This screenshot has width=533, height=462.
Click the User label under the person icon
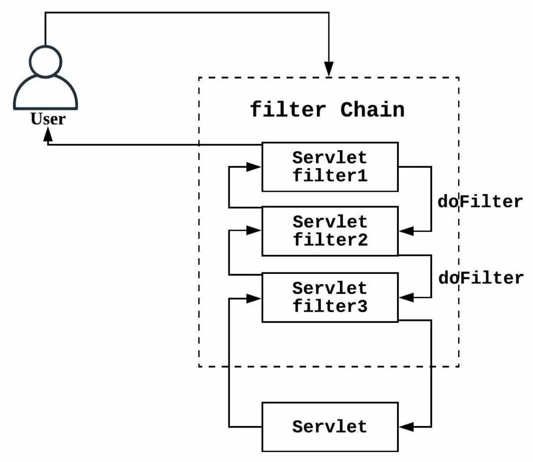click(48, 119)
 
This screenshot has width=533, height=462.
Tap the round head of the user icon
click(45, 61)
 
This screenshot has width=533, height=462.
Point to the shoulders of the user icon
click(45, 94)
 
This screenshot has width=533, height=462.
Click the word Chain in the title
click(372, 110)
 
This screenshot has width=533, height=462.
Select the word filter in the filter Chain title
click(288, 110)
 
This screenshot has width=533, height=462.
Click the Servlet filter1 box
click(329, 167)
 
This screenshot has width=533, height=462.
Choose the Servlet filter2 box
click(329, 231)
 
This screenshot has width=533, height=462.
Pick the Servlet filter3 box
click(329, 297)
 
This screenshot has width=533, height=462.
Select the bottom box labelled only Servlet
click(329, 427)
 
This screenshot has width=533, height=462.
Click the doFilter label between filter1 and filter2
click(479, 202)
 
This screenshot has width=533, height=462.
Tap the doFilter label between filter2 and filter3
click(479, 278)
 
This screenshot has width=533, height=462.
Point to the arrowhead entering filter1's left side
click(254, 167)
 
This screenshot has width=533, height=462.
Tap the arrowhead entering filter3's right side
click(405, 297)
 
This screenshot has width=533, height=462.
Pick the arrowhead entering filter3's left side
click(254, 298)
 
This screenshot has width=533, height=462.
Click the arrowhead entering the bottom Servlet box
click(405, 427)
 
